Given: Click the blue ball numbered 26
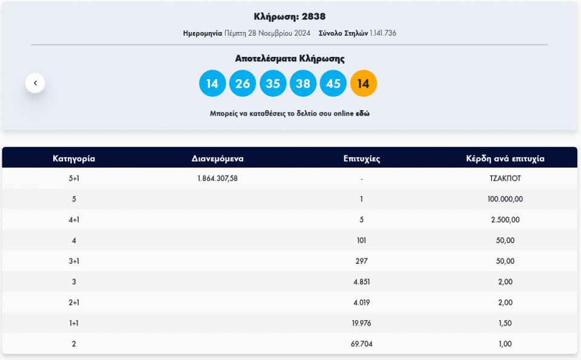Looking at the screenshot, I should tap(242, 83).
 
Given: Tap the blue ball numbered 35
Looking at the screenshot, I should tap(272, 83).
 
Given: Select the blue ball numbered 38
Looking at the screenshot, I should tap(303, 83).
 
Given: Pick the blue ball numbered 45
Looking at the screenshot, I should tap(333, 83).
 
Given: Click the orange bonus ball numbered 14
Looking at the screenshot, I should tap(363, 83).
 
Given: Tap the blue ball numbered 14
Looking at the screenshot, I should tap(212, 83).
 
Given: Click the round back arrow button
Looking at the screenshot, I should tap(35, 83).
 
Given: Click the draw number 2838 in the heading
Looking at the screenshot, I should tap(313, 16).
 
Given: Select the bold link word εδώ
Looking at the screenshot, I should tap(363, 113).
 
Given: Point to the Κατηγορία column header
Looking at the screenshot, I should tap(74, 159).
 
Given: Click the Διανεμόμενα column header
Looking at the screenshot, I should tap(217, 159).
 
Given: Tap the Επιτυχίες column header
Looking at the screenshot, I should tap(361, 159).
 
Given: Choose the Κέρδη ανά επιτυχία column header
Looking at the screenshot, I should tap(505, 159).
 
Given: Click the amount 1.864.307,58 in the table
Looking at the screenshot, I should tap(217, 178).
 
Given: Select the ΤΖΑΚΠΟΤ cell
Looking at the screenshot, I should tap(505, 178).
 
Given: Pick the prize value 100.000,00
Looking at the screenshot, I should tap(505, 199).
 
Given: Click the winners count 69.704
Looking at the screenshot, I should tap(361, 344).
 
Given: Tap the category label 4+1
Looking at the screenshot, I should tap(74, 220).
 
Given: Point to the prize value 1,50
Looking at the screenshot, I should tap(505, 323).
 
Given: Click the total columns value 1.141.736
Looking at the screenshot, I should tap(383, 33).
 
